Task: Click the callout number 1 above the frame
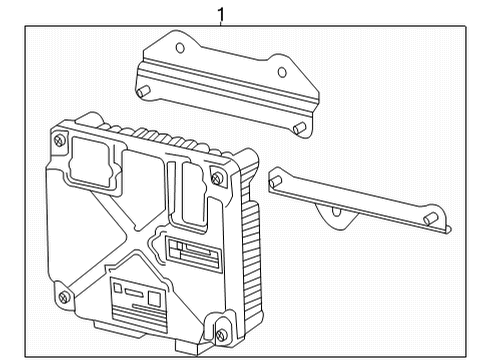click(223, 13)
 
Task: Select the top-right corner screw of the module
click(218, 178)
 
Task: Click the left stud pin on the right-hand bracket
click(273, 182)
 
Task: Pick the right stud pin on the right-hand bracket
click(429, 219)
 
